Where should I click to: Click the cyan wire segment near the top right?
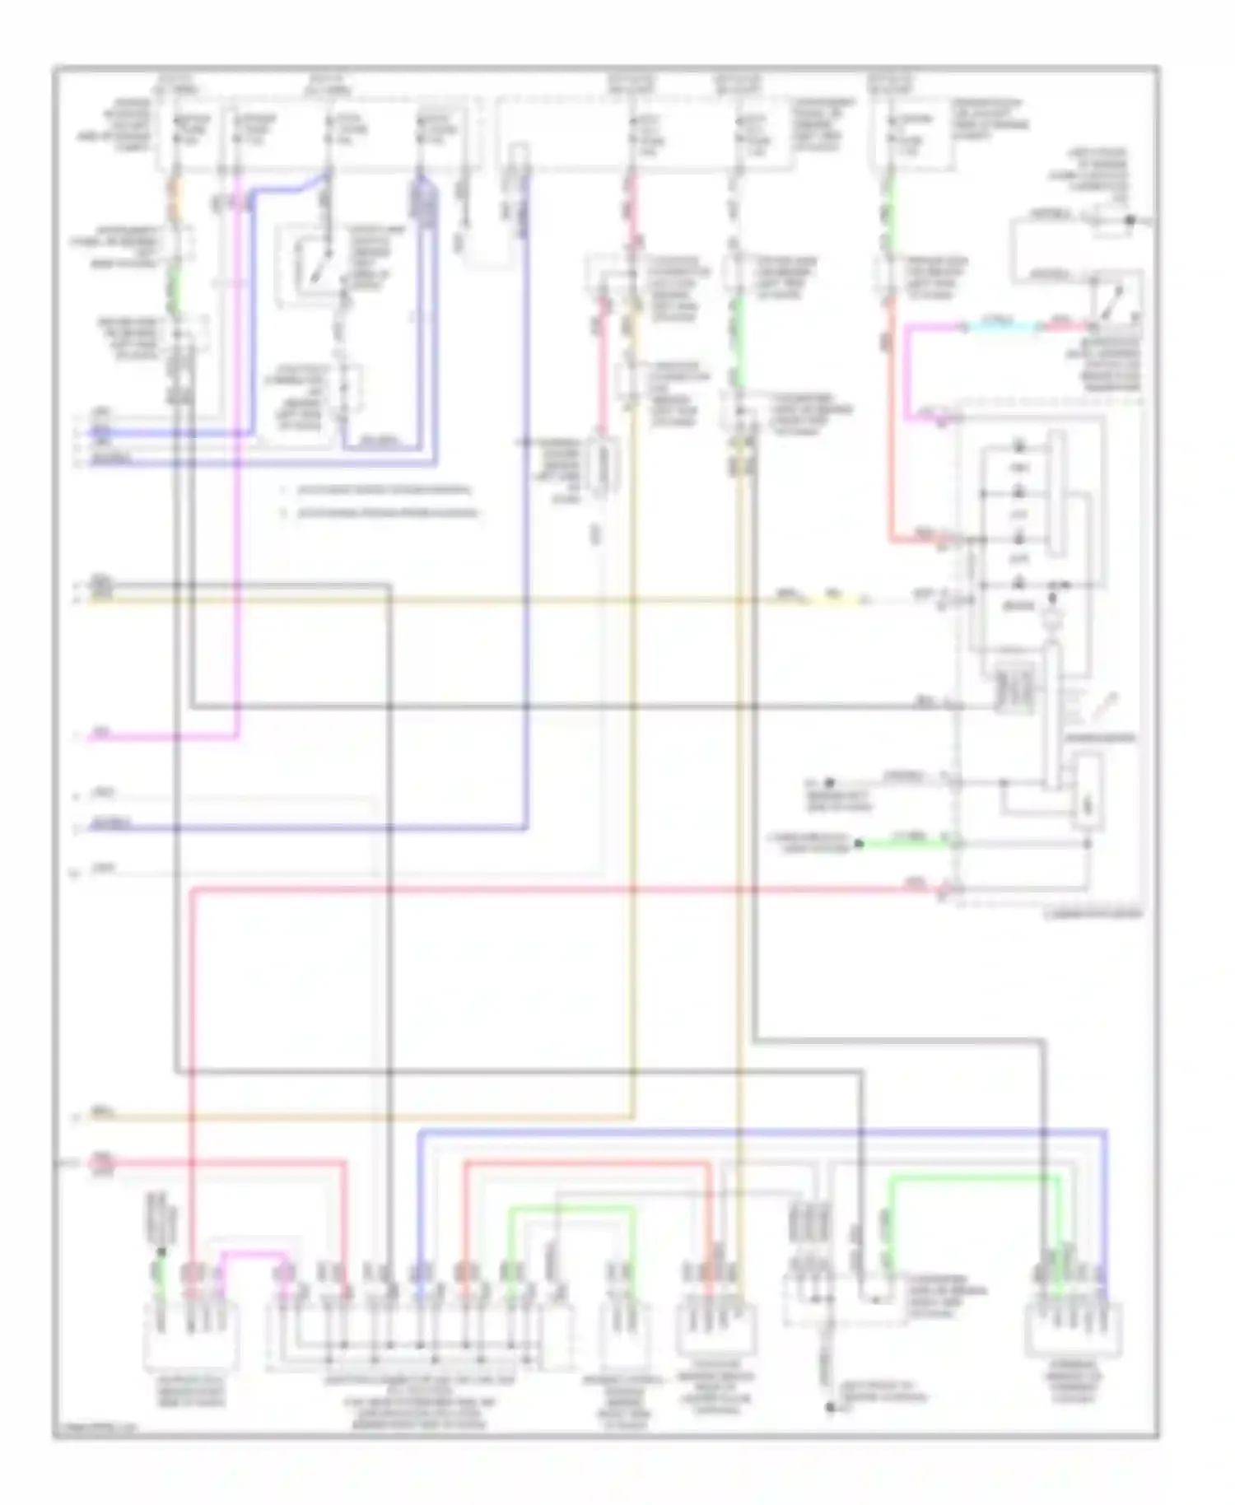1001,328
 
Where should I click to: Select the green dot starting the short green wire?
858,843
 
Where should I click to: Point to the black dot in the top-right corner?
1130,220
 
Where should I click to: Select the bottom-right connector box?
1074,1329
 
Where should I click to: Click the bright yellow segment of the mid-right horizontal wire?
836,599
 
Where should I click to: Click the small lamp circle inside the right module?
1051,619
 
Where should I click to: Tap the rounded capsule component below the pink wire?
604,469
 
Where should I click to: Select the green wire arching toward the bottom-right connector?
972,1181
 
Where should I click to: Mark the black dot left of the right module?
830,783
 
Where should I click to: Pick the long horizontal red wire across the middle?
560,889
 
